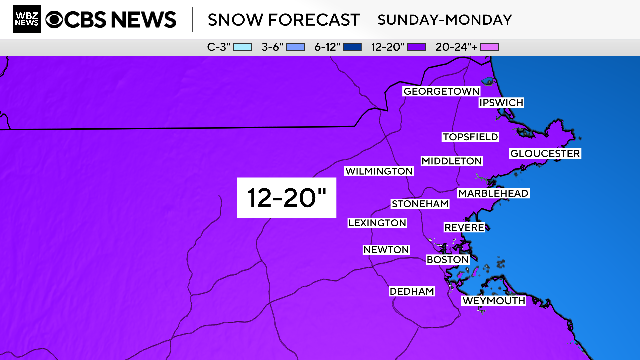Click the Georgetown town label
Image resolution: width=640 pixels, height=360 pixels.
pyautogui.click(x=441, y=91)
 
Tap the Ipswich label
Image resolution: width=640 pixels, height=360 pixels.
pyautogui.click(x=501, y=102)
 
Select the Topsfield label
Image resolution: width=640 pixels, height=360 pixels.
pyautogui.click(x=470, y=136)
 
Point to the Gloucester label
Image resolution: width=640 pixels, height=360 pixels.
pyautogui.click(x=545, y=153)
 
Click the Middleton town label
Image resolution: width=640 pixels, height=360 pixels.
pyautogui.click(x=452, y=160)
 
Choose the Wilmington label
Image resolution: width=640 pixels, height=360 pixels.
pyautogui.click(x=379, y=171)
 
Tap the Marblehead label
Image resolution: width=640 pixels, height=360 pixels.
pyautogui.click(x=493, y=193)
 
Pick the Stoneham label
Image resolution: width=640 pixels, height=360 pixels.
pyautogui.click(x=420, y=203)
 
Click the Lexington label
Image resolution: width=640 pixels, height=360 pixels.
pyautogui.click(x=377, y=222)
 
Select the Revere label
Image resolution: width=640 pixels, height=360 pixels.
pyautogui.click(x=464, y=228)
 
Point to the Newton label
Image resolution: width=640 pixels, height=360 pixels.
pyautogui.click(x=386, y=249)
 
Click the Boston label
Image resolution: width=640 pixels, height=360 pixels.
pyautogui.click(x=447, y=259)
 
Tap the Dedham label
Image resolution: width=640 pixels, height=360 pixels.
pyautogui.click(x=412, y=291)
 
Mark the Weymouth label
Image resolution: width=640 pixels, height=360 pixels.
pyautogui.click(x=492, y=300)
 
